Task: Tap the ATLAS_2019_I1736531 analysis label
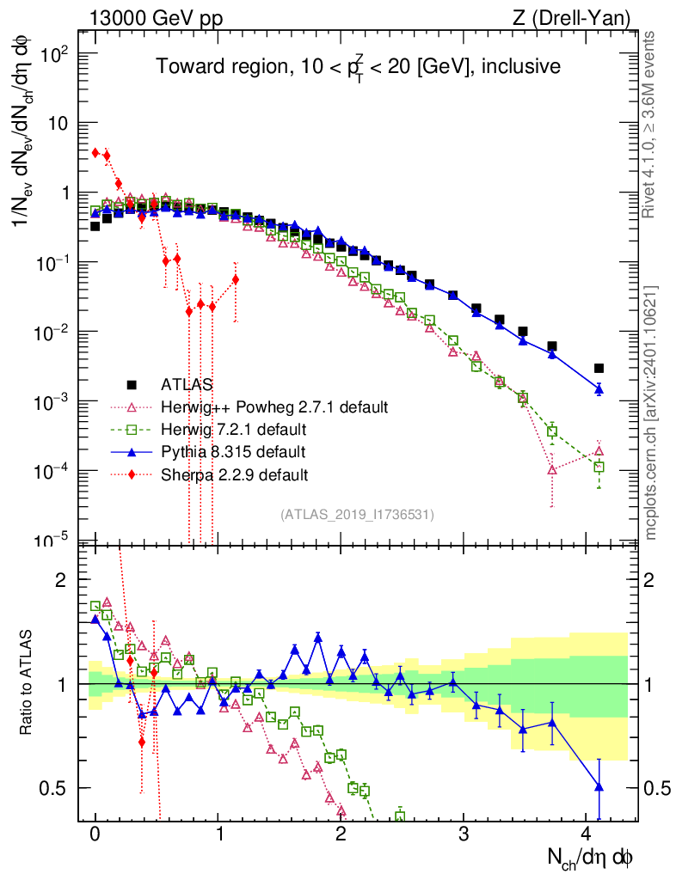pyautogui.click(x=357, y=515)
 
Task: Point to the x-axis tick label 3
pyautogui.click(x=464, y=834)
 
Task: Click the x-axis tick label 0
pyautogui.click(x=95, y=834)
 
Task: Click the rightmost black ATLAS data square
pyautogui.click(x=599, y=368)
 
